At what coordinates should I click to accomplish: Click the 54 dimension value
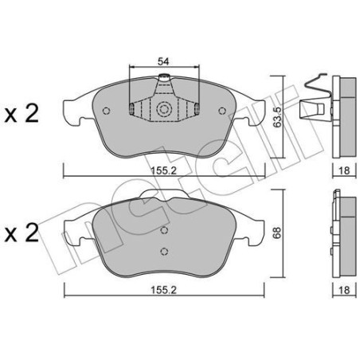[163, 61]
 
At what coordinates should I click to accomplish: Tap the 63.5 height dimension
[277, 117]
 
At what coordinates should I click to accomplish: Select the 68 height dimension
[277, 233]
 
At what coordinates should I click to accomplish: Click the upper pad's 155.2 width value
[164, 170]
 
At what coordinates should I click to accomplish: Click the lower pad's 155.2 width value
[164, 290]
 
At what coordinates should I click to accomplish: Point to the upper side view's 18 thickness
[344, 170]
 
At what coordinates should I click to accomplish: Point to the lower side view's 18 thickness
[344, 290]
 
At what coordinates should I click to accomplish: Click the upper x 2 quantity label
[22, 114]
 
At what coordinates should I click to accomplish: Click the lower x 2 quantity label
[22, 233]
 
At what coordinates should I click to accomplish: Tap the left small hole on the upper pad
[106, 111]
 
